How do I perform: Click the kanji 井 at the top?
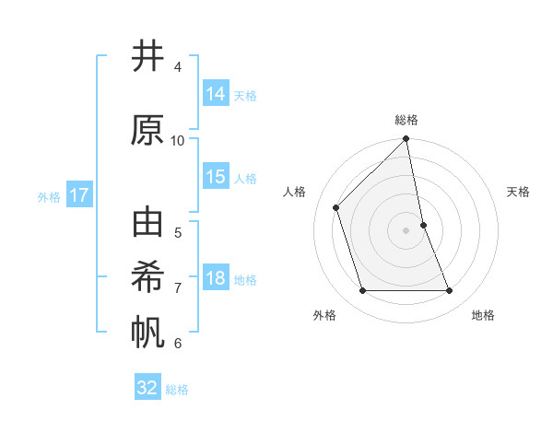pos(147,57)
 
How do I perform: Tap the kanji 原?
pos(147,130)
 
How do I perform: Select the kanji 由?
pos(147,224)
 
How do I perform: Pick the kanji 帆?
pos(147,333)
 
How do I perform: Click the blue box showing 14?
pos(216,93)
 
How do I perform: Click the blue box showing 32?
pos(147,388)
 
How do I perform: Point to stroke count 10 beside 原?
pos(178,140)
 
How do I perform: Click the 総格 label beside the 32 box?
pos(177,390)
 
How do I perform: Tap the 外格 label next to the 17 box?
pos(49,196)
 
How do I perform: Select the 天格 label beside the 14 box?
pos(245,95)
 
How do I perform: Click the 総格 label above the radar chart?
pos(406,120)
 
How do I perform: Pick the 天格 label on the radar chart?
pos(519,192)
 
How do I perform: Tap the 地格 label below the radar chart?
pos(483,315)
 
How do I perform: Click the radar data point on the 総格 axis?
pos(406,140)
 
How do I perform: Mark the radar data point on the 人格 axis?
pos(336,207)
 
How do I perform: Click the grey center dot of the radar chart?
pos(406,230)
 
